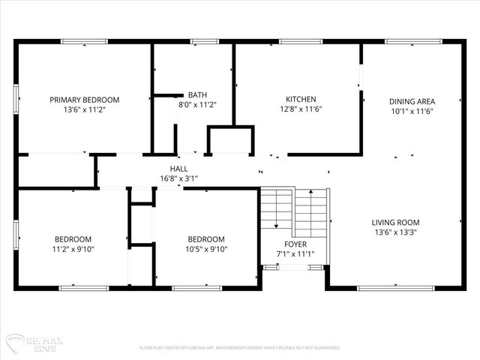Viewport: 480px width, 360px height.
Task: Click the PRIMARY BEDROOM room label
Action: tap(84, 100)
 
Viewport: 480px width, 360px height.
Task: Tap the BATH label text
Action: tap(197, 95)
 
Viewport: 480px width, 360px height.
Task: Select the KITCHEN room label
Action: tap(301, 100)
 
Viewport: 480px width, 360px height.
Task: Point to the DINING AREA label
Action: tap(412, 101)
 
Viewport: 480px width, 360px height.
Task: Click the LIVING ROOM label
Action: tap(395, 223)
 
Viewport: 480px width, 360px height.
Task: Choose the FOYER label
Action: tap(294, 244)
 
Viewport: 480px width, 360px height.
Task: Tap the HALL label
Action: tap(178, 169)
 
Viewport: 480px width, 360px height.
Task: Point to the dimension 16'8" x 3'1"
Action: tap(178, 179)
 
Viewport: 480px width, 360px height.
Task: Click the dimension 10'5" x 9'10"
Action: tap(206, 250)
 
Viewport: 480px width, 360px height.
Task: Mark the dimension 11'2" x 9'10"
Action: tap(73, 250)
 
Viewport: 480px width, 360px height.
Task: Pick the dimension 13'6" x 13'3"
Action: tap(395, 232)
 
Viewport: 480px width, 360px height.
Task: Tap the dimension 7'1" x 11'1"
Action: tap(294, 254)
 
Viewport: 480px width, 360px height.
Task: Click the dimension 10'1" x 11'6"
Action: tap(412, 111)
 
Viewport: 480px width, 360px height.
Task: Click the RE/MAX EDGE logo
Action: tap(34, 341)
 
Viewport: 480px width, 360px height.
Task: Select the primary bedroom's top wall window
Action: tap(84, 41)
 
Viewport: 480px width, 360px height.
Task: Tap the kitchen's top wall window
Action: tap(301, 41)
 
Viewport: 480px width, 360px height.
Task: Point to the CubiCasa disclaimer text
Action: tap(240, 348)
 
